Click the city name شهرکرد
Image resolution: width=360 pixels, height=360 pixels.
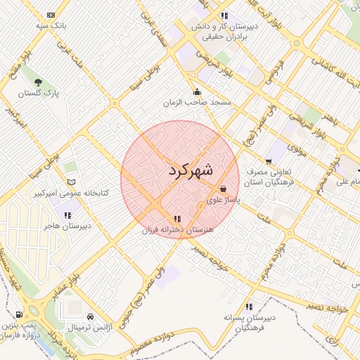click(x=191, y=169)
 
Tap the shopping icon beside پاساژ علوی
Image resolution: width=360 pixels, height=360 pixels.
click(x=224, y=188)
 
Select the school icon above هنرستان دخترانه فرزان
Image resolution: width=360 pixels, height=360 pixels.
click(x=177, y=218)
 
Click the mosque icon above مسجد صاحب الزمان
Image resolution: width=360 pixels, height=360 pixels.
click(x=197, y=91)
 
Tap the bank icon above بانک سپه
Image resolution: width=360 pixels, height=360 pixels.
click(x=51, y=14)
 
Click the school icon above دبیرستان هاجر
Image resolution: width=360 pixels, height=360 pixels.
click(x=67, y=214)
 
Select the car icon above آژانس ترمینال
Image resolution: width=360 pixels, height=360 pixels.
click(x=90, y=316)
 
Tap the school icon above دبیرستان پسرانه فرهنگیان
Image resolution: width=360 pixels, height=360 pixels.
click(x=249, y=307)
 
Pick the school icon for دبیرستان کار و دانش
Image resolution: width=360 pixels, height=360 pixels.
click(x=224, y=15)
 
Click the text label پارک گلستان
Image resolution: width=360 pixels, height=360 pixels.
click(x=39, y=93)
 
